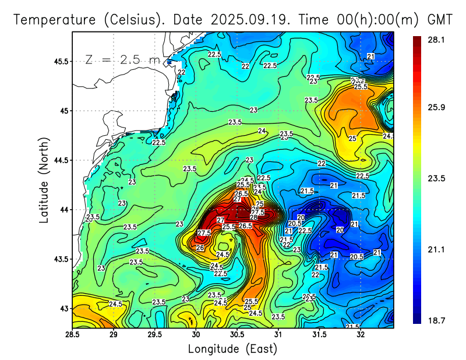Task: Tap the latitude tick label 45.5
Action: (59, 61)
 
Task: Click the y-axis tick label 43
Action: (63, 308)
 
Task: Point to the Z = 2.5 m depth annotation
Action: (123, 59)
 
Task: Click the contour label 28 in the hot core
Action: (254, 218)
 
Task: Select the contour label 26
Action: (200, 248)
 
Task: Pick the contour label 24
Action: (262, 130)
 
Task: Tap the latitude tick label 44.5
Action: (59, 160)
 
